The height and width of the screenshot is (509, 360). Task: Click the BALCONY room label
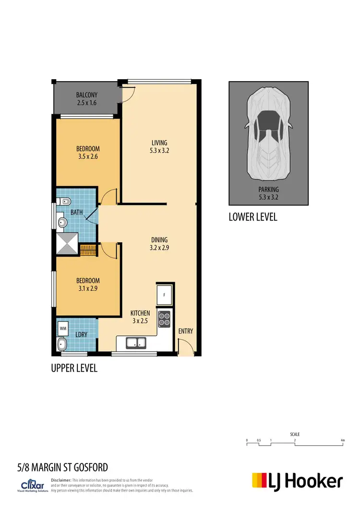click(x=87, y=95)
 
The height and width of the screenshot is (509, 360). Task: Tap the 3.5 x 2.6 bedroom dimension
click(x=87, y=156)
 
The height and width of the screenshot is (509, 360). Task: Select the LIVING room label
click(x=159, y=142)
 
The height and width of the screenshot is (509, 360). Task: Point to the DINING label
click(x=159, y=240)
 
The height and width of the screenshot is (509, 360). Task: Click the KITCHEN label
click(x=140, y=313)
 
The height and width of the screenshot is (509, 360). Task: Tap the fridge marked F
click(x=165, y=294)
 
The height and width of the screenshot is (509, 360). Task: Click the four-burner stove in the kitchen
click(x=165, y=319)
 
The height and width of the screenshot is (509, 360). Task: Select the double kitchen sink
click(x=136, y=343)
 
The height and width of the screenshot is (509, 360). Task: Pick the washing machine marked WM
click(x=63, y=329)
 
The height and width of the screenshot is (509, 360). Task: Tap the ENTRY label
click(x=185, y=331)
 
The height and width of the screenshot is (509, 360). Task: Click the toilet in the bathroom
click(x=64, y=202)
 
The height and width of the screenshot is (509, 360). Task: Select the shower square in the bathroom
click(x=66, y=243)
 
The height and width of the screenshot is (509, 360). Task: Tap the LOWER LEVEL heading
click(x=253, y=217)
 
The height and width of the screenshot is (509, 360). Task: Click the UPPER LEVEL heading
click(x=74, y=368)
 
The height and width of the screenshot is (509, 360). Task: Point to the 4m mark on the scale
click(x=343, y=440)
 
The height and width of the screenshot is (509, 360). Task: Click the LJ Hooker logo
click(x=298, y=481)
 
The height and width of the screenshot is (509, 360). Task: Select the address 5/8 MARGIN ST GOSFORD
click(x=62, y=467)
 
